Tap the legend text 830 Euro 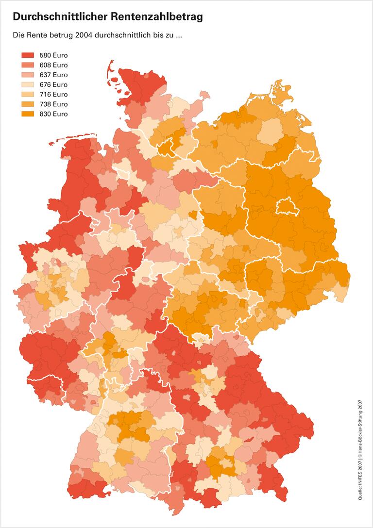coord(53,114)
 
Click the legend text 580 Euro coord(53,55)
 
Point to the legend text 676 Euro coord(53,84)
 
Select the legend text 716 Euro coord(53,94)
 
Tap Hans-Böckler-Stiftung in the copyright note coord(360,427)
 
